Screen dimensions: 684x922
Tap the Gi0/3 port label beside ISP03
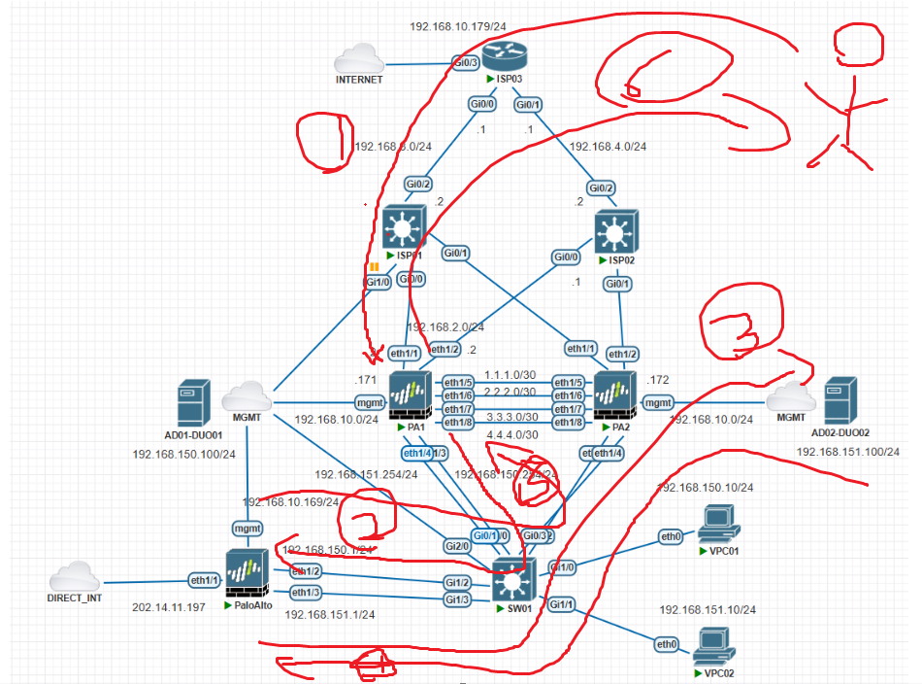(464, 63)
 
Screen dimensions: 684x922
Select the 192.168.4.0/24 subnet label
(608, 147)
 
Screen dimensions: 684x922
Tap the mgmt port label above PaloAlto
(247, 528)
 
